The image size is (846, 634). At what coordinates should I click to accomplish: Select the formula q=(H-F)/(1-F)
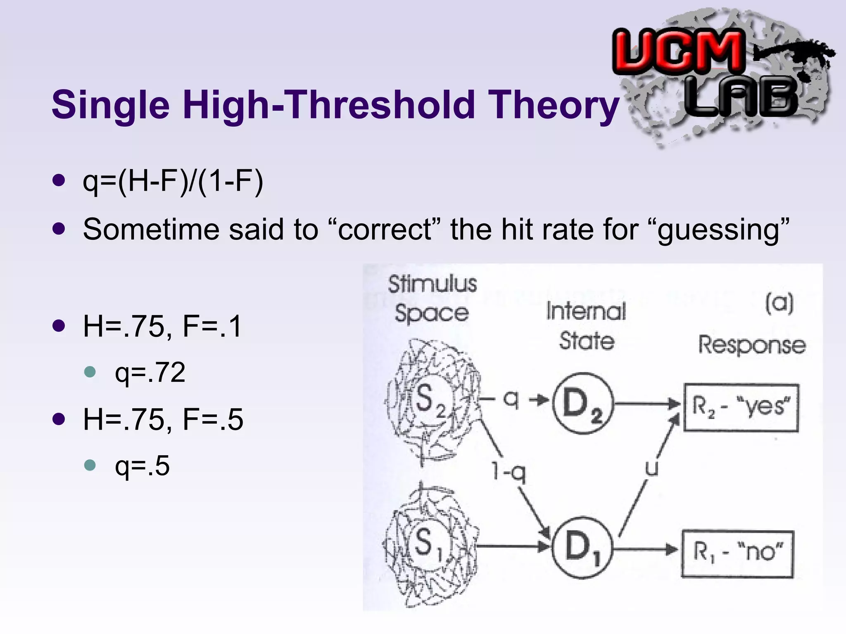tap(173, 182)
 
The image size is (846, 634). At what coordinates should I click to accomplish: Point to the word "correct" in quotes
tap(385, 229)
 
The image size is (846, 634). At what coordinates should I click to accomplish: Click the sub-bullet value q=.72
tap(150, 372)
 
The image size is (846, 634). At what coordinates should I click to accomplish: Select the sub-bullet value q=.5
tap(142, 466)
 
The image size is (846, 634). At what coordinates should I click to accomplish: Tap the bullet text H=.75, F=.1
tap(162, 326)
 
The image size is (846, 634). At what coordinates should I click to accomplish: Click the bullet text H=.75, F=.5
tap(163, 419)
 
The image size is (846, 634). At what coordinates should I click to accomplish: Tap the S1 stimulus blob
tap(430, 544)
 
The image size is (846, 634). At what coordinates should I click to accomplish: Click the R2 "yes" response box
tap(741, 407)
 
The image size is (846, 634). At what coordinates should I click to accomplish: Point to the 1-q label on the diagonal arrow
tap(509, 472)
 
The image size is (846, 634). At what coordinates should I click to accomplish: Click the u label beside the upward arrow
tap(651, 468)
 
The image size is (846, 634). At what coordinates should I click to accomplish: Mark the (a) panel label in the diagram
tap(779, 303)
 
